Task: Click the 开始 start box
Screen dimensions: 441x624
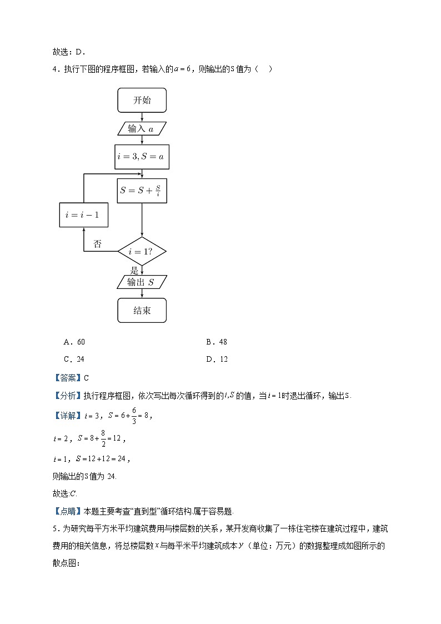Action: tap(142, 101)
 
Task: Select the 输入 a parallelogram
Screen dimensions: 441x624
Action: tap(142, 129)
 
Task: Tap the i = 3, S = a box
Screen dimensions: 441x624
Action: tap(142, 157)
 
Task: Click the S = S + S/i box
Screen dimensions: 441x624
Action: tap(142, 190)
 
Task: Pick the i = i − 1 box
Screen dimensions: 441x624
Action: tap(83, 214)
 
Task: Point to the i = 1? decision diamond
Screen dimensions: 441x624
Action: tap(142, 251)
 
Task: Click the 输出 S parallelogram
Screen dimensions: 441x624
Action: tap(142, 282)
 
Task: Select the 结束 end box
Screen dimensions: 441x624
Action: tap(142, 311)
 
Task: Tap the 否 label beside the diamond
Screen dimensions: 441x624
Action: tap(97, 244)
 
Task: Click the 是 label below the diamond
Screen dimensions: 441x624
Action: tap(133, 271)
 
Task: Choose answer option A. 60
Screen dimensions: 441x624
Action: tap(74, 342)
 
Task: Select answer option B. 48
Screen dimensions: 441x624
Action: tap(217, 342)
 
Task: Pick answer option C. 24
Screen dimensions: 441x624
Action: tap(74, 359)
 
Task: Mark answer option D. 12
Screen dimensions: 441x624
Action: tap(217, 359)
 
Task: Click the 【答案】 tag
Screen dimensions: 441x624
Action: tap(67, 378)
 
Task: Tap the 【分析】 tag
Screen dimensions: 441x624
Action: tap(67, 396)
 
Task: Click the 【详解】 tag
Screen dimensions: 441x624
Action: tap(67, 416)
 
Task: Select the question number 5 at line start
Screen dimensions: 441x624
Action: tap(56, 528)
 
